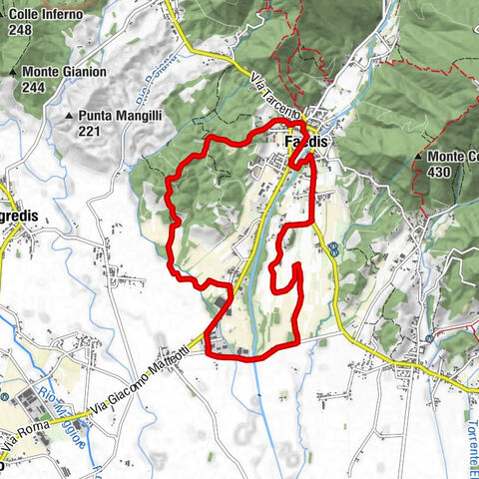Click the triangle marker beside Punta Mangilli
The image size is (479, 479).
[x=70, y=117]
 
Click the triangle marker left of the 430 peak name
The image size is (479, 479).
[x=417, y=158]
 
